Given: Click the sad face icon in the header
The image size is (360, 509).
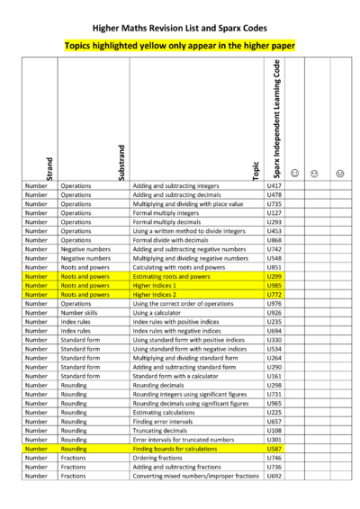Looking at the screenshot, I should click(x=340, y=172).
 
